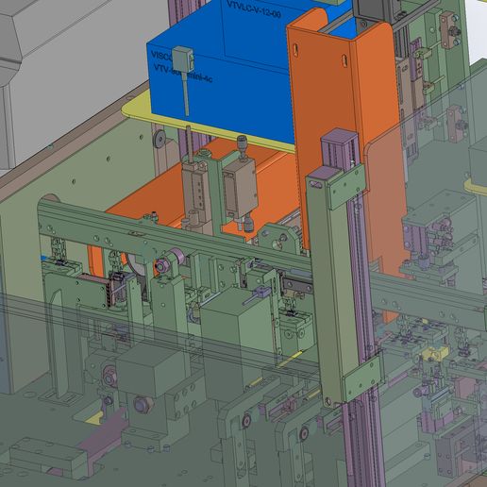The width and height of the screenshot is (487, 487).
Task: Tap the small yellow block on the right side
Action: point(433,351)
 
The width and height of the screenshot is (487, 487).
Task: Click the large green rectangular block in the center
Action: point(238,330)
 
